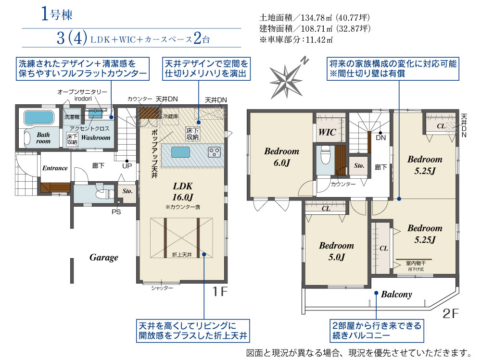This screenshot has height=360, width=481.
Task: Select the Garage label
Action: (x=104, y=257)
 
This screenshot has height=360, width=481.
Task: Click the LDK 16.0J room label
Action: (x=183, y=191)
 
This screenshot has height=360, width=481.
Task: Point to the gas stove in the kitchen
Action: (x=214, y=152)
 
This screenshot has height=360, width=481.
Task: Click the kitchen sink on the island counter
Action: (x=180, y=152)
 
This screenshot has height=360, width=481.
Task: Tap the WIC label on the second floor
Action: (x=327, y=132)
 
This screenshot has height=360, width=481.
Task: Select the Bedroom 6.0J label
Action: (x=281, y=157)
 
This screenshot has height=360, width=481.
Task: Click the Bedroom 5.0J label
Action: (x=337, y=251)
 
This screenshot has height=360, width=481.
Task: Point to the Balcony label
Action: (x=396, y=294)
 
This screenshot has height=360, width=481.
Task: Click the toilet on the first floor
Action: (x=101, y=194)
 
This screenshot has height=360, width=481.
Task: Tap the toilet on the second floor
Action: (x=325, y=155)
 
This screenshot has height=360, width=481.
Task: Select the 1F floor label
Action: (x=220, y=292)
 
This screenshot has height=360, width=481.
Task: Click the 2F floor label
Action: (x=451, y=313)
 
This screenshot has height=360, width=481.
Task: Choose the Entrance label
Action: (x=55, y=168)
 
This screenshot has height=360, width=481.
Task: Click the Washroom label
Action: (x=96, y=137)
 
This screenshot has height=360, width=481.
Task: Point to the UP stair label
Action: (x=127, y=166)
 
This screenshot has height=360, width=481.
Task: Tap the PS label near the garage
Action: (x=116, y=212)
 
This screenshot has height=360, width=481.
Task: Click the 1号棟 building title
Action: (x=57, y=14)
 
